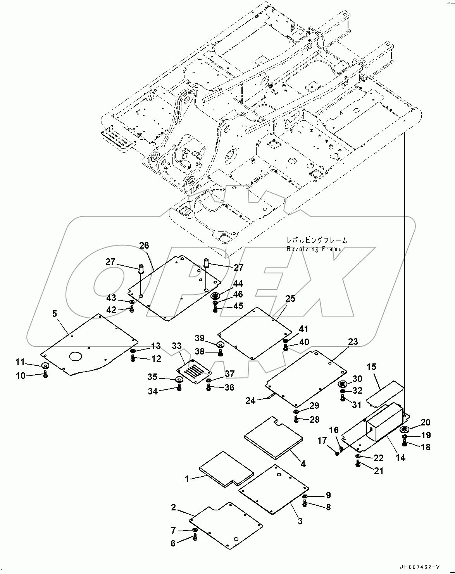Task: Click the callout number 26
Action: tap(144, 246)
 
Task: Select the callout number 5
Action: tap(55, 313)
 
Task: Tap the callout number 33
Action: tap(176, 346)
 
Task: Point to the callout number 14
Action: tap(400, 458)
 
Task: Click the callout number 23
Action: tap(353, 341)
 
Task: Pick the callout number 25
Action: tap(290, 298)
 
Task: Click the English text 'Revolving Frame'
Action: tap(314, 249)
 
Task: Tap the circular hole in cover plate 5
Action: tap(76, 356)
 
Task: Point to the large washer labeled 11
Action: tap(45, 366)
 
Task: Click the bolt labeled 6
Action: tap(195, 537)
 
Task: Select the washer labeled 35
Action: tap(179, 379)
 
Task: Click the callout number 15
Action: tap(371, 367)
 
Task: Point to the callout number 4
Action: tap(303, 463)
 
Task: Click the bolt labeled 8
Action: tap(305, 503)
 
